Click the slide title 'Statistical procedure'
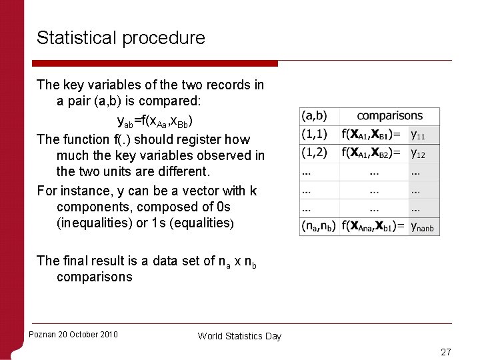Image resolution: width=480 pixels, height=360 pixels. (x=121, y=38)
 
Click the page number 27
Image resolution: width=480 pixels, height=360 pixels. (x=446, y=352)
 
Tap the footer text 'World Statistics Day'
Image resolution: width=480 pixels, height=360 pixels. (x=239, y=336)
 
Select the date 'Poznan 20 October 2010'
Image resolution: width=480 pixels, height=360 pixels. (x=73, y=335)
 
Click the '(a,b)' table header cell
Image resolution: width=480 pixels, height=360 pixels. (x=314, y=116)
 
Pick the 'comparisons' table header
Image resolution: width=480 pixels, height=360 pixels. (x=390, y=116)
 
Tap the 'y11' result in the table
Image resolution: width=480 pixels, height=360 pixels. (x=418, y=135)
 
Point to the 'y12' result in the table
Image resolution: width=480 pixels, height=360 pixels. (x=418, y=153)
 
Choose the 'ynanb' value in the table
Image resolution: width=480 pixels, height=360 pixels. (x=422, y=227)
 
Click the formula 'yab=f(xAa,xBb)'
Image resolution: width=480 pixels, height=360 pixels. (x=155, y=122)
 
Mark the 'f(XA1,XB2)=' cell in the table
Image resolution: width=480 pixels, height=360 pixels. (x=372, y=153)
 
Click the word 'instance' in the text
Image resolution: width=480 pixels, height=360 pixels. (x=87, y=191)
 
